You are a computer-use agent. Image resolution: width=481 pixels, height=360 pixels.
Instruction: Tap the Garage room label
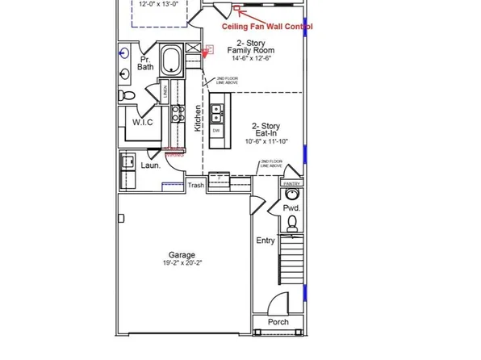182,255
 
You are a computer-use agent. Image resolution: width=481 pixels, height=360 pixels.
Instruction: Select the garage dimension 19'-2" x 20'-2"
182,263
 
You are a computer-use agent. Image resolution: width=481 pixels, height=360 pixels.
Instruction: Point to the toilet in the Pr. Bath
127,95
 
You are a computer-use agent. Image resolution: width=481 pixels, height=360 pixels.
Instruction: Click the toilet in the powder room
292,195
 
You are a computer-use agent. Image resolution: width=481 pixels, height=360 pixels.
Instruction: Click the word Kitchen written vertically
197,118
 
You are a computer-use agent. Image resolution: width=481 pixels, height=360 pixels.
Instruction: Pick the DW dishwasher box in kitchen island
216,130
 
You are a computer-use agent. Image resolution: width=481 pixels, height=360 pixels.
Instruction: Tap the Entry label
265,241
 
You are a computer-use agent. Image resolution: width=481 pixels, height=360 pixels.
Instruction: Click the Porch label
278,322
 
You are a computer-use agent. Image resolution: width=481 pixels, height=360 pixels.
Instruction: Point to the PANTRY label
292,183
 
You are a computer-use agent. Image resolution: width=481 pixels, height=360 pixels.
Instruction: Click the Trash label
196,186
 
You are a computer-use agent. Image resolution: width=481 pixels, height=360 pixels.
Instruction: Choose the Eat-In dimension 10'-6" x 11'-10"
266,140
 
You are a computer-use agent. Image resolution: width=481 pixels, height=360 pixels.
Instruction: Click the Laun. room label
151,165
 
